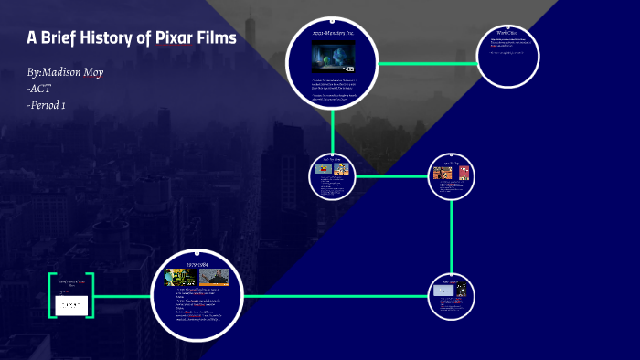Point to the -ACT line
[x=40, y=88]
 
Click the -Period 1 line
[x=47, y=104]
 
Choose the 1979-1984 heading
[x=198, y=265]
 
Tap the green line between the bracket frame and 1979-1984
[x=123, y=296]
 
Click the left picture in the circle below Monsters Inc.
[x=321, y=168]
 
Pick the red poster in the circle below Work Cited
[x=463, y=172]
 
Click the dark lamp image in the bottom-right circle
[x=462, y=290]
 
